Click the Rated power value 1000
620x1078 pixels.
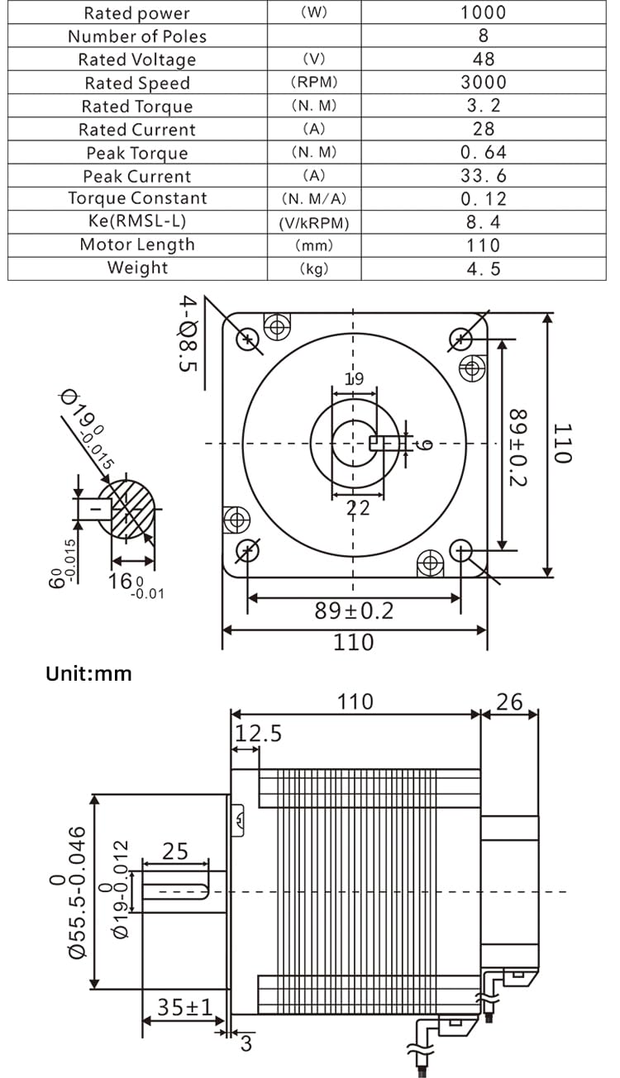(x=483, y=12)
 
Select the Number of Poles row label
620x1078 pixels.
(x=137, y=36)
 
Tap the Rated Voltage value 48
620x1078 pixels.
(x=483, y=59)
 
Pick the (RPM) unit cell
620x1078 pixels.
(x=314, y=83)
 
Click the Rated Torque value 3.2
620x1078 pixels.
(x=483, y=106)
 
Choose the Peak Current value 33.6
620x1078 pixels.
(x=483, y=176)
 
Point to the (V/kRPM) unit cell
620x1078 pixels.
(x=314, y=223)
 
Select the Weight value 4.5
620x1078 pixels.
(x=483, y=268)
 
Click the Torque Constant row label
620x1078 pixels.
(x=137, y=198)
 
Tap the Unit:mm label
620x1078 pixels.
(x=88, y=673)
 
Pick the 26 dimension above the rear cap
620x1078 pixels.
(x=509, y=701)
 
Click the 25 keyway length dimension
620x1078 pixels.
(x=174, y=851)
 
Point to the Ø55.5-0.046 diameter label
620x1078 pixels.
(x=67, y=892)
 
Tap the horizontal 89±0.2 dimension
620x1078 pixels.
(x=354, y=611)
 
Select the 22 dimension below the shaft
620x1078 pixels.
(x=358, y=507)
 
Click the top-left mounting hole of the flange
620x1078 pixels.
(x=248, y=338)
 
